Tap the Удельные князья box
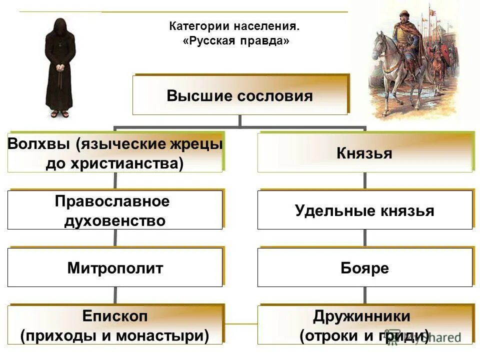click(364, 210)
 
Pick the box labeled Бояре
click(364, 268)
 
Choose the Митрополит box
click(115, 268)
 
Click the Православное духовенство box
click(115, 210)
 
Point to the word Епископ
click(115, 316)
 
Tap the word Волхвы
click(39, 144)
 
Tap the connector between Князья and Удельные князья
click(364, 181)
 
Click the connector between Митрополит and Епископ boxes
click(115, 295)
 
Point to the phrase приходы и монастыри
click(115, 335)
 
